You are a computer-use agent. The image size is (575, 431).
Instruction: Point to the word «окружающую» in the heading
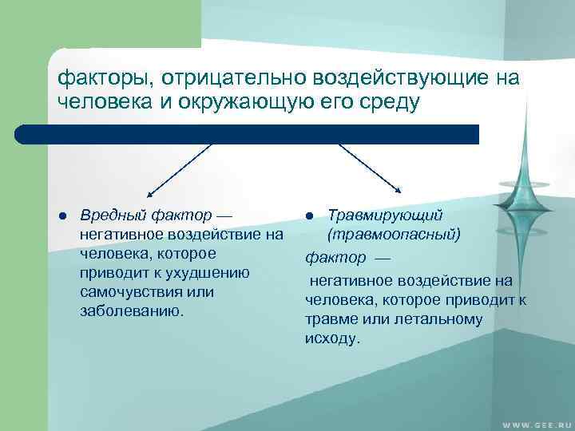tap(232, 103)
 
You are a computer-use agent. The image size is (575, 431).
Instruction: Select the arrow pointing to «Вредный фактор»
tap(179, 169)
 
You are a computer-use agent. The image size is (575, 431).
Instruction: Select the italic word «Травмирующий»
tap(385, 215)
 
